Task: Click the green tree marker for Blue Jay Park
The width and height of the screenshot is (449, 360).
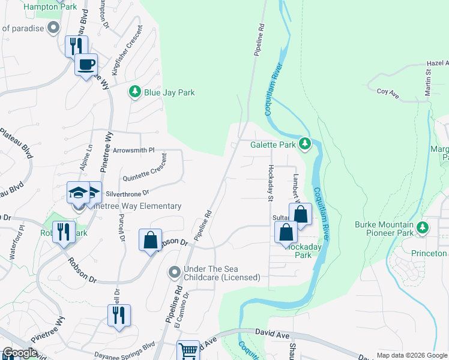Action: [x=135, y=92]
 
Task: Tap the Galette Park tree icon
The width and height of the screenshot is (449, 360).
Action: [x=305, y=144]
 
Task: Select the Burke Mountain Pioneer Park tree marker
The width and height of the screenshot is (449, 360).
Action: [x=423, y=227]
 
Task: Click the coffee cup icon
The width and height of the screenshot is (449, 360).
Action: [x=86, y=64]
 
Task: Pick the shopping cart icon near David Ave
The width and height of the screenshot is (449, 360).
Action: [x=188, y=351]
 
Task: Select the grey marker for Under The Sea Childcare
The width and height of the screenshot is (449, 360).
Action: [x=174, y=272]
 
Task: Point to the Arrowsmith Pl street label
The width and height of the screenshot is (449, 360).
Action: [x=133, y=150]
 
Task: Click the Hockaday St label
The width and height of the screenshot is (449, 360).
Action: [x=271, y=182]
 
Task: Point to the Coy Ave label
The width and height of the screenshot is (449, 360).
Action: [x=388, y=92]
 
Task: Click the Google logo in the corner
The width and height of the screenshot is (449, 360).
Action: [x=20, y=352]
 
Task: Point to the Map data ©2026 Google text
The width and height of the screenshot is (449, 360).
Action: [x=411, y=355]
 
